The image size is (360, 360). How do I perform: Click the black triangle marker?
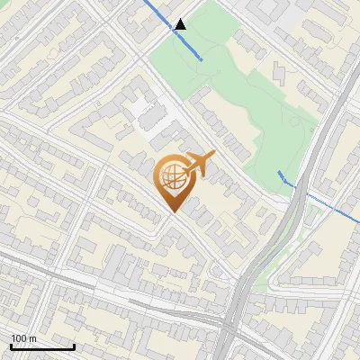181,24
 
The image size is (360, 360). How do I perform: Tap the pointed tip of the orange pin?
171,212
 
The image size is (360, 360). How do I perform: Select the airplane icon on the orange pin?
199,164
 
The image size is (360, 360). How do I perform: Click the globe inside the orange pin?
171,178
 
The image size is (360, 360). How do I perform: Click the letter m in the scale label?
33,338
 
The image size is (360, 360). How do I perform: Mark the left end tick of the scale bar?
11,346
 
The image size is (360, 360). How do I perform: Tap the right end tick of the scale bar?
74,346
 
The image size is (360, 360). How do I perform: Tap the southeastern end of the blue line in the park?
201,58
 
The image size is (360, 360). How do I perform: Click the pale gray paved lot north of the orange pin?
144,112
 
